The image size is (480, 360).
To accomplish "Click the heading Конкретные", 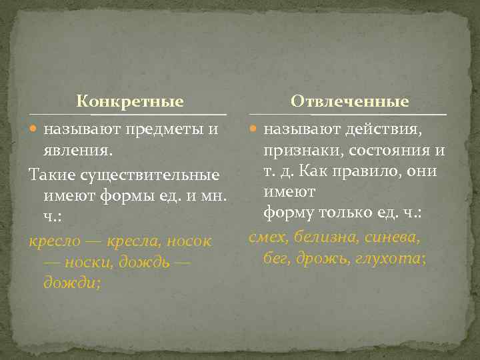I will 129,102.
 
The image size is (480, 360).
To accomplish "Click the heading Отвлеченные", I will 349,102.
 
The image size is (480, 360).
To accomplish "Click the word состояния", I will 383,151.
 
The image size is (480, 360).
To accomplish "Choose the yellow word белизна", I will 325,236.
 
